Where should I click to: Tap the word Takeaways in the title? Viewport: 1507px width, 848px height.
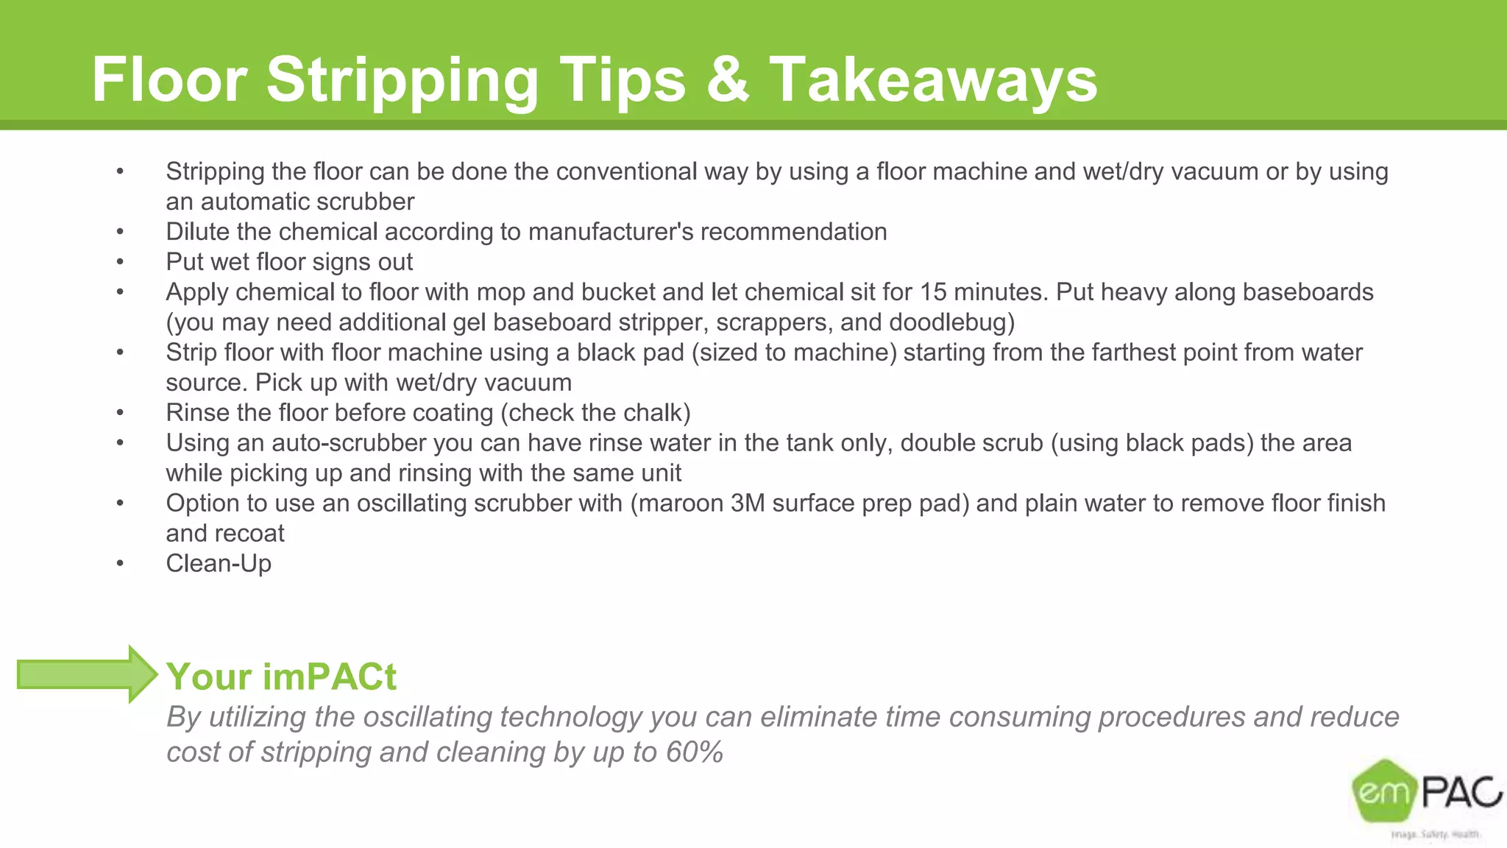[933, 80]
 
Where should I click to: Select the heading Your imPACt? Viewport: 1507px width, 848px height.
[281, 676]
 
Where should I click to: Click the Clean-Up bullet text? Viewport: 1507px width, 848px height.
[219, 564]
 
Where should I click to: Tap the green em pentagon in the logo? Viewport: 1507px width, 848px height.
[1384, 791]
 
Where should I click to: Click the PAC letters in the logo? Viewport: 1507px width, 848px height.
[1461, 792]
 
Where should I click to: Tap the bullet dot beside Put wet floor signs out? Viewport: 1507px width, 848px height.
[120, 262]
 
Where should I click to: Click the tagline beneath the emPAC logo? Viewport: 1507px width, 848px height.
[1435, 834]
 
